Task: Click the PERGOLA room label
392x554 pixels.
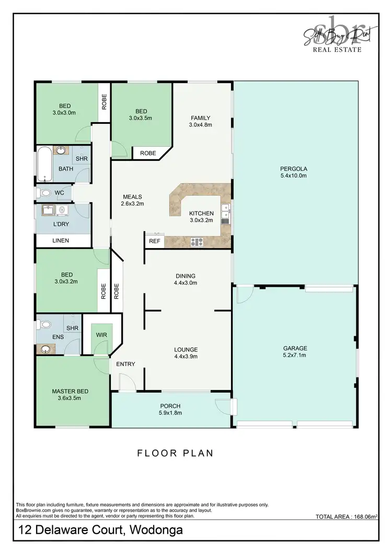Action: [293, 169]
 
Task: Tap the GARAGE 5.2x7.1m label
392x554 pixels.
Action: [295, 348]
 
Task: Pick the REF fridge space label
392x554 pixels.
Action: [154, 241]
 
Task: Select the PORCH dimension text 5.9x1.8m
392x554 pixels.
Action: [170, 413]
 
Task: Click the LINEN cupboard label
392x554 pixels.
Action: [61, 241]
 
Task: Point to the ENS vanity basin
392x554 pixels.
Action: [47, 349]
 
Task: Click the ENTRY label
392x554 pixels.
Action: [126, 364]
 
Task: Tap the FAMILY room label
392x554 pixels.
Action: [201, 117]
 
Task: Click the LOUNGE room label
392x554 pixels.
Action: [186, 349]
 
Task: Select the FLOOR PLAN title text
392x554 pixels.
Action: [175, 453]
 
